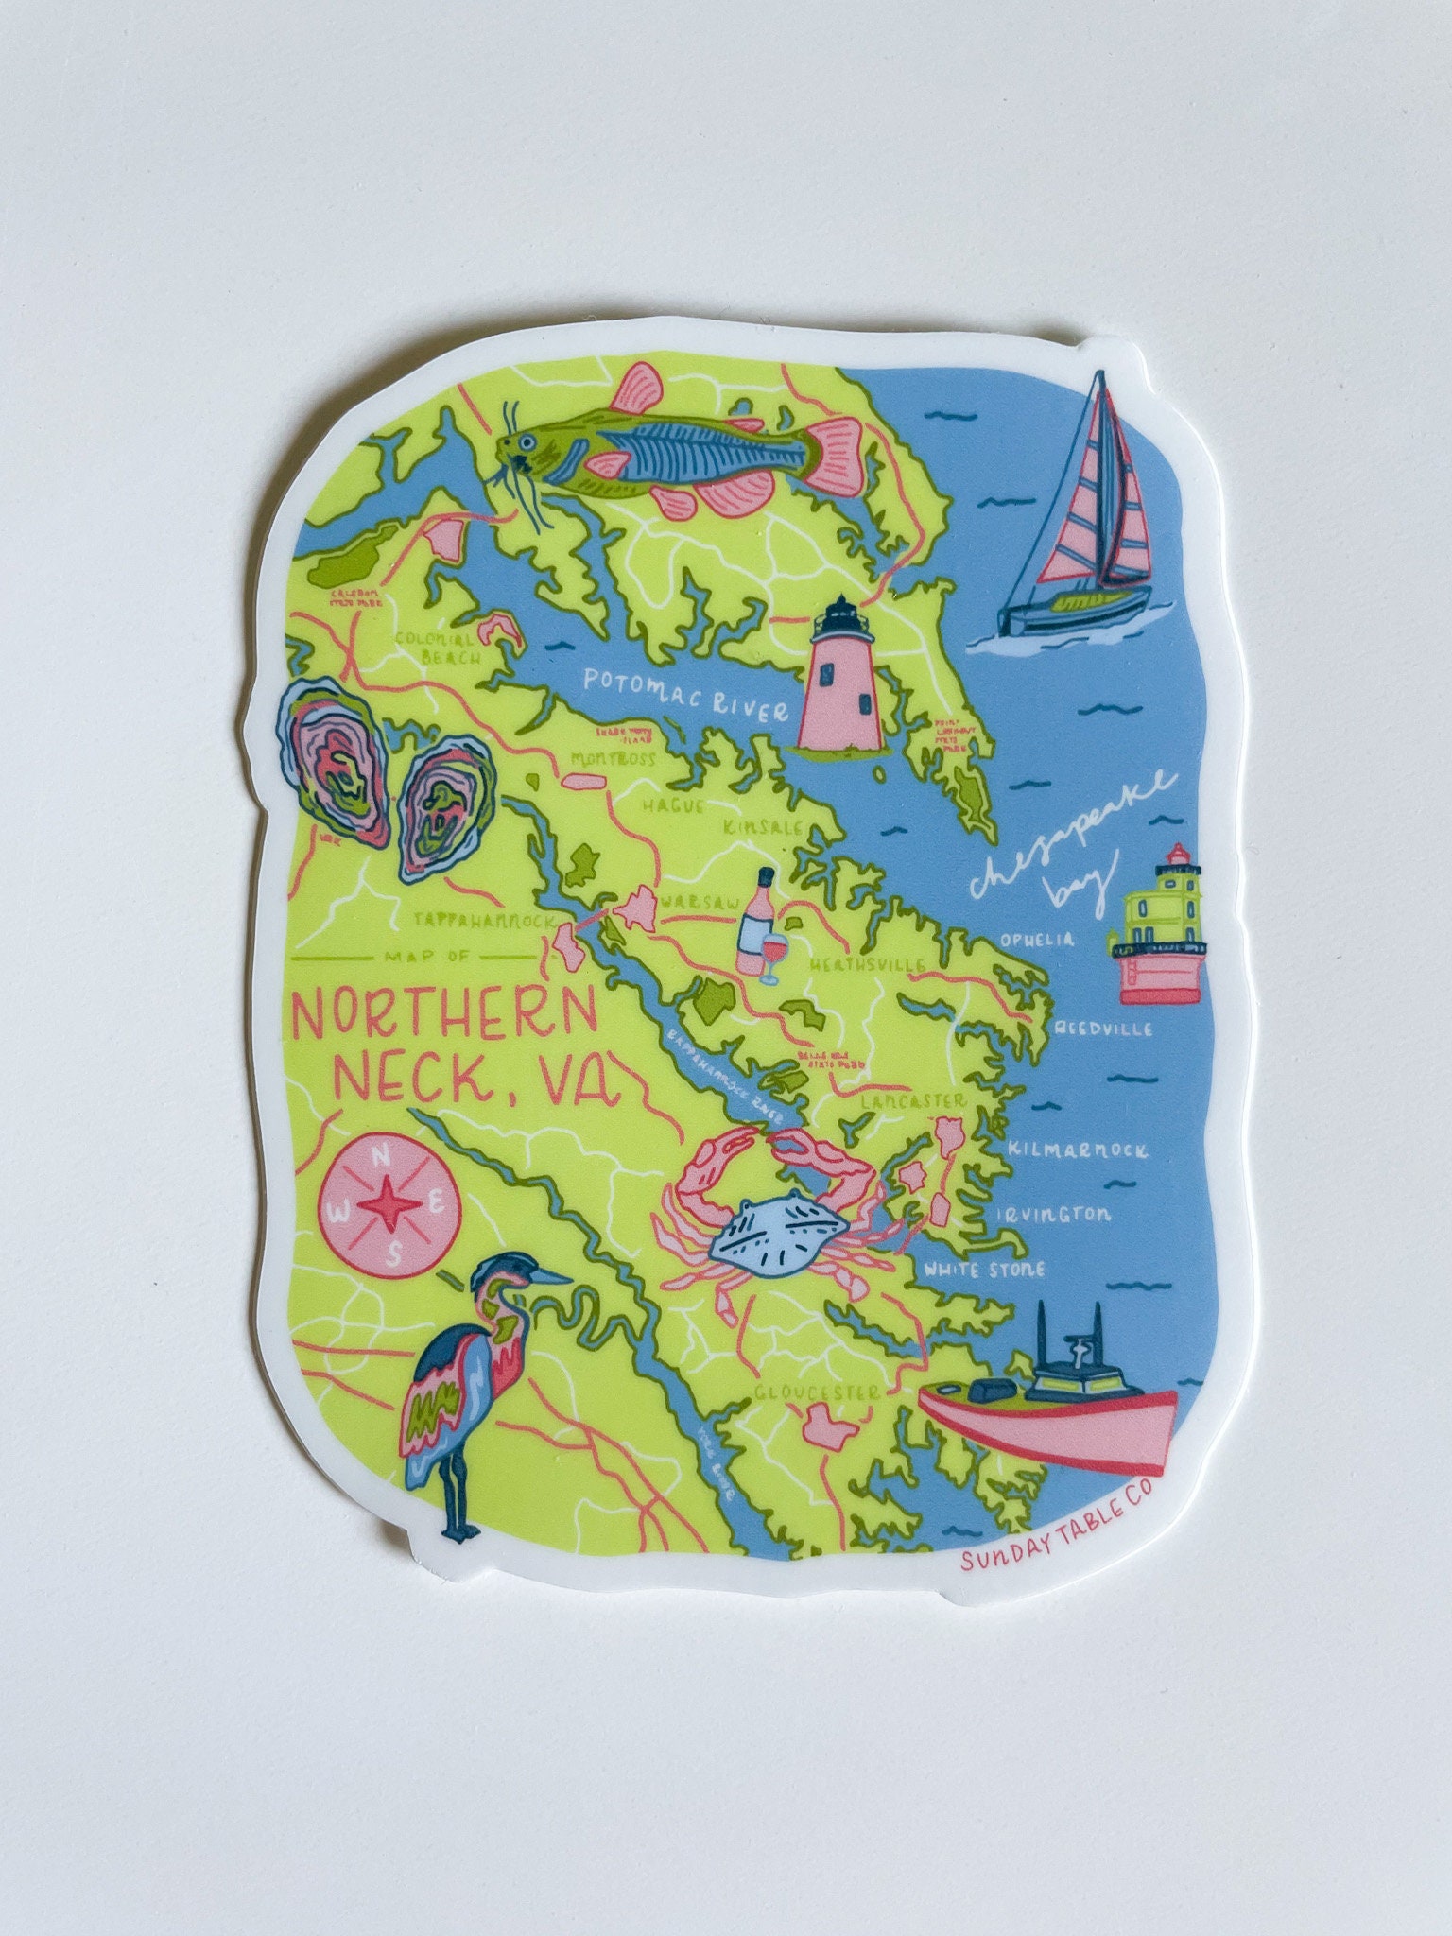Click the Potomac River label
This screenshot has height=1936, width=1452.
click(x=684, y=695)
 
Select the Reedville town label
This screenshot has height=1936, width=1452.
click(x=1103, y=1028)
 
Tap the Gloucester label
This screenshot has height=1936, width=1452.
click(x=817, y=1392)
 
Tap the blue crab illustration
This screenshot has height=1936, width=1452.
click(x=777, y=1212)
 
